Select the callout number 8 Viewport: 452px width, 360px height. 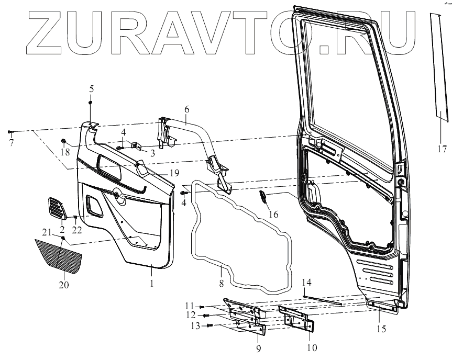click(222, 283)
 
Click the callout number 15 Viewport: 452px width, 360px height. click(380, 329)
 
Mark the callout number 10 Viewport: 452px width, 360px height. click(311, 347)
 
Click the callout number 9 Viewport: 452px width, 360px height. click(258, 347)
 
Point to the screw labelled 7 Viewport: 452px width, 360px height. click(10, 131)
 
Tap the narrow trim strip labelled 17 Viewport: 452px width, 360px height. click(439, 68)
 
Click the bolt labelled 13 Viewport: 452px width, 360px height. click(210, 325)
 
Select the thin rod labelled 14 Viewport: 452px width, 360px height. click(322, 299)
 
